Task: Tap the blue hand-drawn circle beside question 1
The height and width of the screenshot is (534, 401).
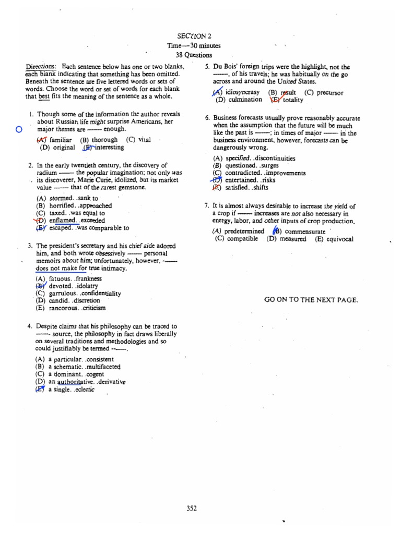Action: coord(19,130)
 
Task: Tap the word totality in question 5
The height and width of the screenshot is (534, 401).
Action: coord(292,100)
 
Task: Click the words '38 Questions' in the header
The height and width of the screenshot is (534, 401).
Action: coord(194,55)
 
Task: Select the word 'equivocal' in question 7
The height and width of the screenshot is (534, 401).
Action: coord(340,239)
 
